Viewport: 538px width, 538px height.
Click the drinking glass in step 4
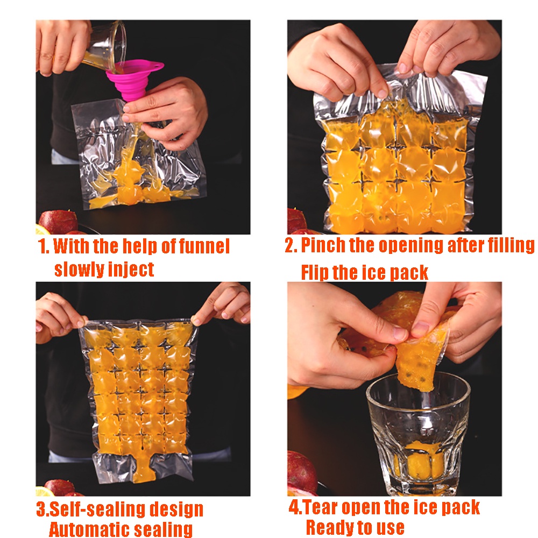point(418,434)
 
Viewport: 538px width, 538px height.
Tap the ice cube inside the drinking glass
point(420,460)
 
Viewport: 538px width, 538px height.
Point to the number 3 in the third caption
point(42,509)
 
